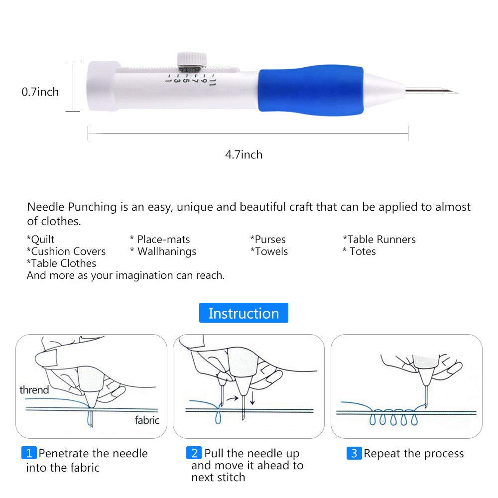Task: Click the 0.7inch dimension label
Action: click(x=40, y=92)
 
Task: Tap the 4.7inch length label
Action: click(x=244, y=154)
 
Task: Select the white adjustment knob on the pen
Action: click(x=190, y=59)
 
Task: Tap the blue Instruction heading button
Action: click(x=244, y=313)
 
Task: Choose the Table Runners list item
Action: click(x=379, y=240)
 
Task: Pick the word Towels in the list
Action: click(x=269, y=251)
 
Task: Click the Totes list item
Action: click(x=359, y=251)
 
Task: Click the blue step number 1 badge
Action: click(x=29, y=453)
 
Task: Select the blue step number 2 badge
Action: click(x=194, y=453)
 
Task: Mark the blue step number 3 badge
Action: click(x=354, y=453)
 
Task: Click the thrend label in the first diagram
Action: click(x=34, y=389)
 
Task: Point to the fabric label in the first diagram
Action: click(x=147, y=420)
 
